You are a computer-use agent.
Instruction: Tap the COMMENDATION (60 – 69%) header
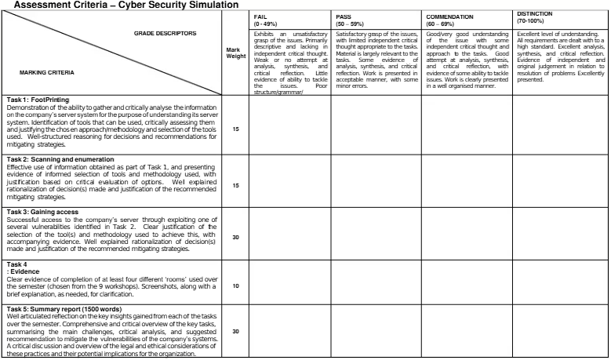(x=450, y=20)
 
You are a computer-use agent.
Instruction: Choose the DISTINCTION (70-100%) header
(x=536, y=17)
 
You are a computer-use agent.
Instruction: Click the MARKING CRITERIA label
(x=46, y=72)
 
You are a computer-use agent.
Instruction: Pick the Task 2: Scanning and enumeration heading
(x=60, y=159)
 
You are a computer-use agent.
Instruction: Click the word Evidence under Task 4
(x=27, y=271)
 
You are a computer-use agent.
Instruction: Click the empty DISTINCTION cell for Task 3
(x=560, y=233)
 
